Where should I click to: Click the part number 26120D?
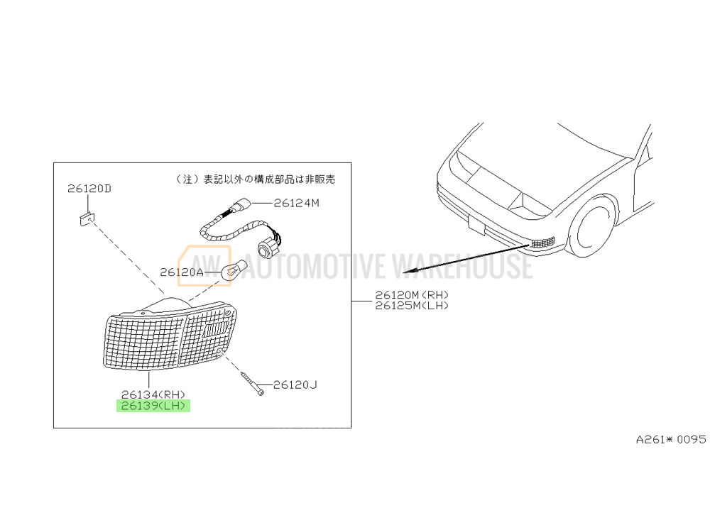[x=89, y=189]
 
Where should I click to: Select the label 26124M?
[x=297, y=203]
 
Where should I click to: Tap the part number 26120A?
[x=182, y=272]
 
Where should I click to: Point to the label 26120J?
[x=295, y=385]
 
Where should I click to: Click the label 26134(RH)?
[x=153, y=394]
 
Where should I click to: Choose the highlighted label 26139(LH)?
[x=153, y=406]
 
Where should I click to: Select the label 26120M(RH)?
[x=412, y=295]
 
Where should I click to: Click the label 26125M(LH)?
[x=412, y=306]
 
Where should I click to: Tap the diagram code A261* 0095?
[x=671, y=439]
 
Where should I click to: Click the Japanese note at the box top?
[x=256, y=179]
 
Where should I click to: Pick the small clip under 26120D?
[x=87, y=219]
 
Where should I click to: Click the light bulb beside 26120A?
[x=234, y=269]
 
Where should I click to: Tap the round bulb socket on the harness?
[x=266, y=248]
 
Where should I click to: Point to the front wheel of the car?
[x=592, y=226]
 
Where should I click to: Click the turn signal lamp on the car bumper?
[x=542, y=243]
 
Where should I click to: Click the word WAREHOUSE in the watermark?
[x=462, y=266]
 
